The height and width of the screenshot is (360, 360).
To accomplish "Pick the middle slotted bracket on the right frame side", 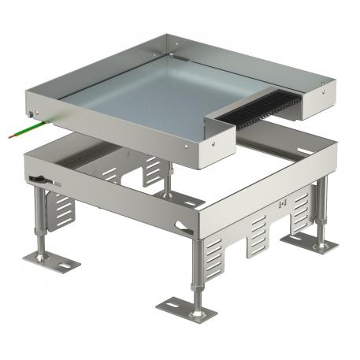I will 262,236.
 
